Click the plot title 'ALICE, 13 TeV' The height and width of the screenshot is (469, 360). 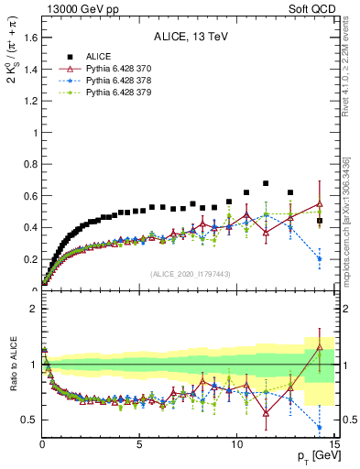(x=189, y=38)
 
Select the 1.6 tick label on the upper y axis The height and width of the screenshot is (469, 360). (x=27, y=38)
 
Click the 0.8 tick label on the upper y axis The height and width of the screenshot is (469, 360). (x=27, y=164)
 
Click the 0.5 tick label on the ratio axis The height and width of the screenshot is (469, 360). (x=27, y=420)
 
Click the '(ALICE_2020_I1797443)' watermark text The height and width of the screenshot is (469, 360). (x=189, y=275)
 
